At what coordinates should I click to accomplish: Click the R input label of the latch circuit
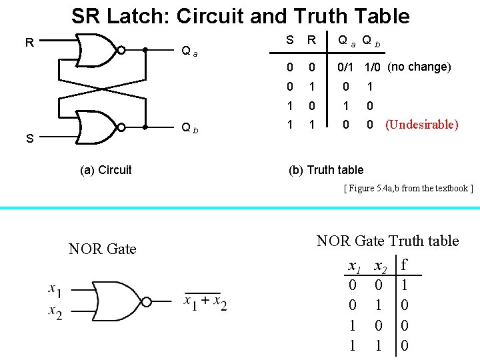point(29,43)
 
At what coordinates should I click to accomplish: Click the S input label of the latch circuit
point(29,139)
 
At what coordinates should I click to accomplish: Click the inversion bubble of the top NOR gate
point(122,49)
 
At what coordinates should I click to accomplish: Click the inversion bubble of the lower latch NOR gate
point(122,126)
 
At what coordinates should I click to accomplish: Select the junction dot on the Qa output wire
point(145,49)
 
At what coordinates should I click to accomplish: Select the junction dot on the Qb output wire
point(145,126)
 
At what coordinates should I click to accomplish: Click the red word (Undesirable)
point(422,125)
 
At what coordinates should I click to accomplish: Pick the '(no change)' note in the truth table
point(419,67)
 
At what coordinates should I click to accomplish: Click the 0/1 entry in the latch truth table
point(346,67)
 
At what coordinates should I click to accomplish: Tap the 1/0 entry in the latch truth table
point(371,67)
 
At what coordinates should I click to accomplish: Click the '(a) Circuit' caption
point(106,170)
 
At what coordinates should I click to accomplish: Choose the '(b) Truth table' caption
point(326,170)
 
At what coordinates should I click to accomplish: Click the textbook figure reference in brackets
point(408,188)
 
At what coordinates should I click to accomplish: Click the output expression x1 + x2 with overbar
point(205,303)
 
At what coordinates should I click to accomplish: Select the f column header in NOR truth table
point(404,265)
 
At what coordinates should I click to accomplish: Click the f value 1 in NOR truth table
point(404,285)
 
